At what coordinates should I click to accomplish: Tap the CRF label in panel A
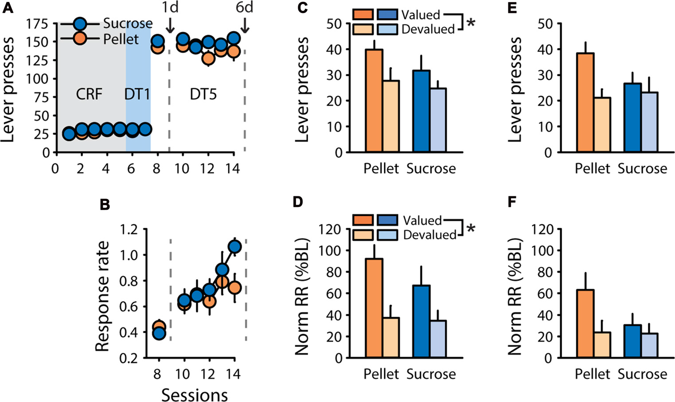[x=89, y=94]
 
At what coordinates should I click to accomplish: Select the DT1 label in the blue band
[x=137, y=94]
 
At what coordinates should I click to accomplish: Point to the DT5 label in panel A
[x=203, y=94]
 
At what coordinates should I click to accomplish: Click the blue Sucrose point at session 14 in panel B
[x=234, y=246]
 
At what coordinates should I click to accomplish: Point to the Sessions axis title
[x=195, y=394]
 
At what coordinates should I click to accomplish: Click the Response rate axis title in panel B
[x=102, y=296]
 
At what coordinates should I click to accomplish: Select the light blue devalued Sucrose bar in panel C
[x=438, y=120]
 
